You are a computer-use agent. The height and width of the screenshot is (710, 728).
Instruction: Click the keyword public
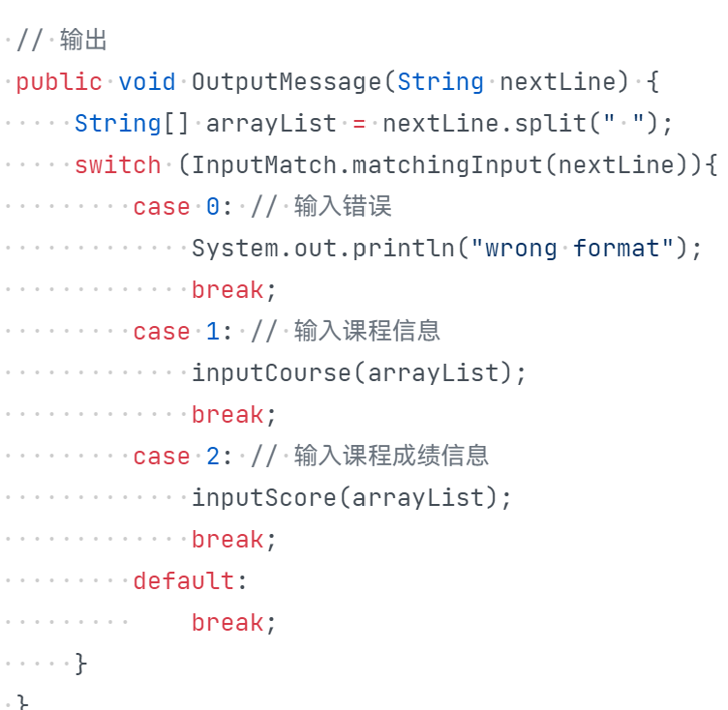pyautogui.click(x=58, y=82)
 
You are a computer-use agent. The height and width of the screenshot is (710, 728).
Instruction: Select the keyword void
pyautogui.click(x=147, y=82)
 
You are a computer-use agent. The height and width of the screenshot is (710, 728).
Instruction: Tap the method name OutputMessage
pyautogui.click(x=287, y=82)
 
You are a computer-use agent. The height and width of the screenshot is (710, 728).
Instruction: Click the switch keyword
pyautogui.click(x=117, y=165)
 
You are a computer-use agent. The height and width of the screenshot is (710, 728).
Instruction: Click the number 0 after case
pyautogui.click(x=213, y=207)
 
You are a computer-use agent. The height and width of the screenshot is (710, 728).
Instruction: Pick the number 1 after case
pyautogui.click(x=213, y=332)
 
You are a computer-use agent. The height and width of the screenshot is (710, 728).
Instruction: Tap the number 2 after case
pyautogui.click(x=213, y=457)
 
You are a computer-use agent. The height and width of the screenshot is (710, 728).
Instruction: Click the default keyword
pyautogui.click(x=184, y=581)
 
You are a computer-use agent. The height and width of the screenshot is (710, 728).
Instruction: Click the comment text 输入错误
pyautogui.click(x=343, y=207)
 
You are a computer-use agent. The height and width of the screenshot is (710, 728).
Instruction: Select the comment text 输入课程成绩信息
pyautogui.click(x=391, y=457)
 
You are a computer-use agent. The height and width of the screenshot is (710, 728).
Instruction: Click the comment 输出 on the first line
pyautogui.click(x=83, y=41)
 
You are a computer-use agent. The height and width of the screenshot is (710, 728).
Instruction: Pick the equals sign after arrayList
pyautogui.click(x=359, y=124)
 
